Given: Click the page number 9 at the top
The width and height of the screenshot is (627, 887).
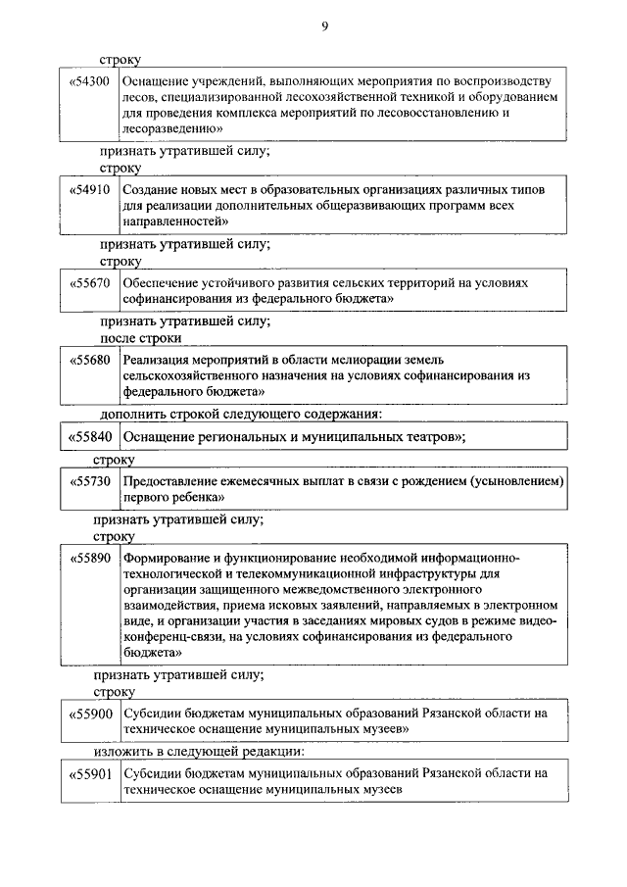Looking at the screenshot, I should tap(323, 26).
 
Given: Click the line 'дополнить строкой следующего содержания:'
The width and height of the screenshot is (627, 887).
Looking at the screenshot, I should tap(240, 414).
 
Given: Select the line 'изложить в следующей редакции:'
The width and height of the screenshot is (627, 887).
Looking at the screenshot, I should tap(199, 753).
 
